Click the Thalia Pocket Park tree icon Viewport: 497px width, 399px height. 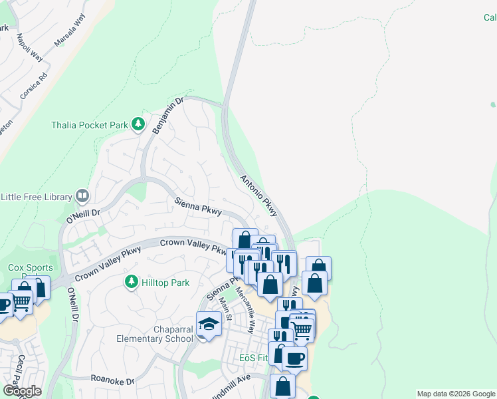tap(138, 124)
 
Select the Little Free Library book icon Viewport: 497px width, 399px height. tap(82, 196)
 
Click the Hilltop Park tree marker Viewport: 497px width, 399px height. tap(132, 283)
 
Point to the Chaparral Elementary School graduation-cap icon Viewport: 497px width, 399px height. tap(209, 325)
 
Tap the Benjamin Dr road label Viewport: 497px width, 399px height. tap(167, 115)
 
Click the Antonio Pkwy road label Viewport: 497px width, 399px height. tap(258, 196)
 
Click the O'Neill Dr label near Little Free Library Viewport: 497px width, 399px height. tap(82, 215)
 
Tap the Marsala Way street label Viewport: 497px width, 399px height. tap(70, 30)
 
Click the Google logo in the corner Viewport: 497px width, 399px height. tap(22, 391)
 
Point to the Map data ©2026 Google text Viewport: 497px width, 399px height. tap(456, 394)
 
